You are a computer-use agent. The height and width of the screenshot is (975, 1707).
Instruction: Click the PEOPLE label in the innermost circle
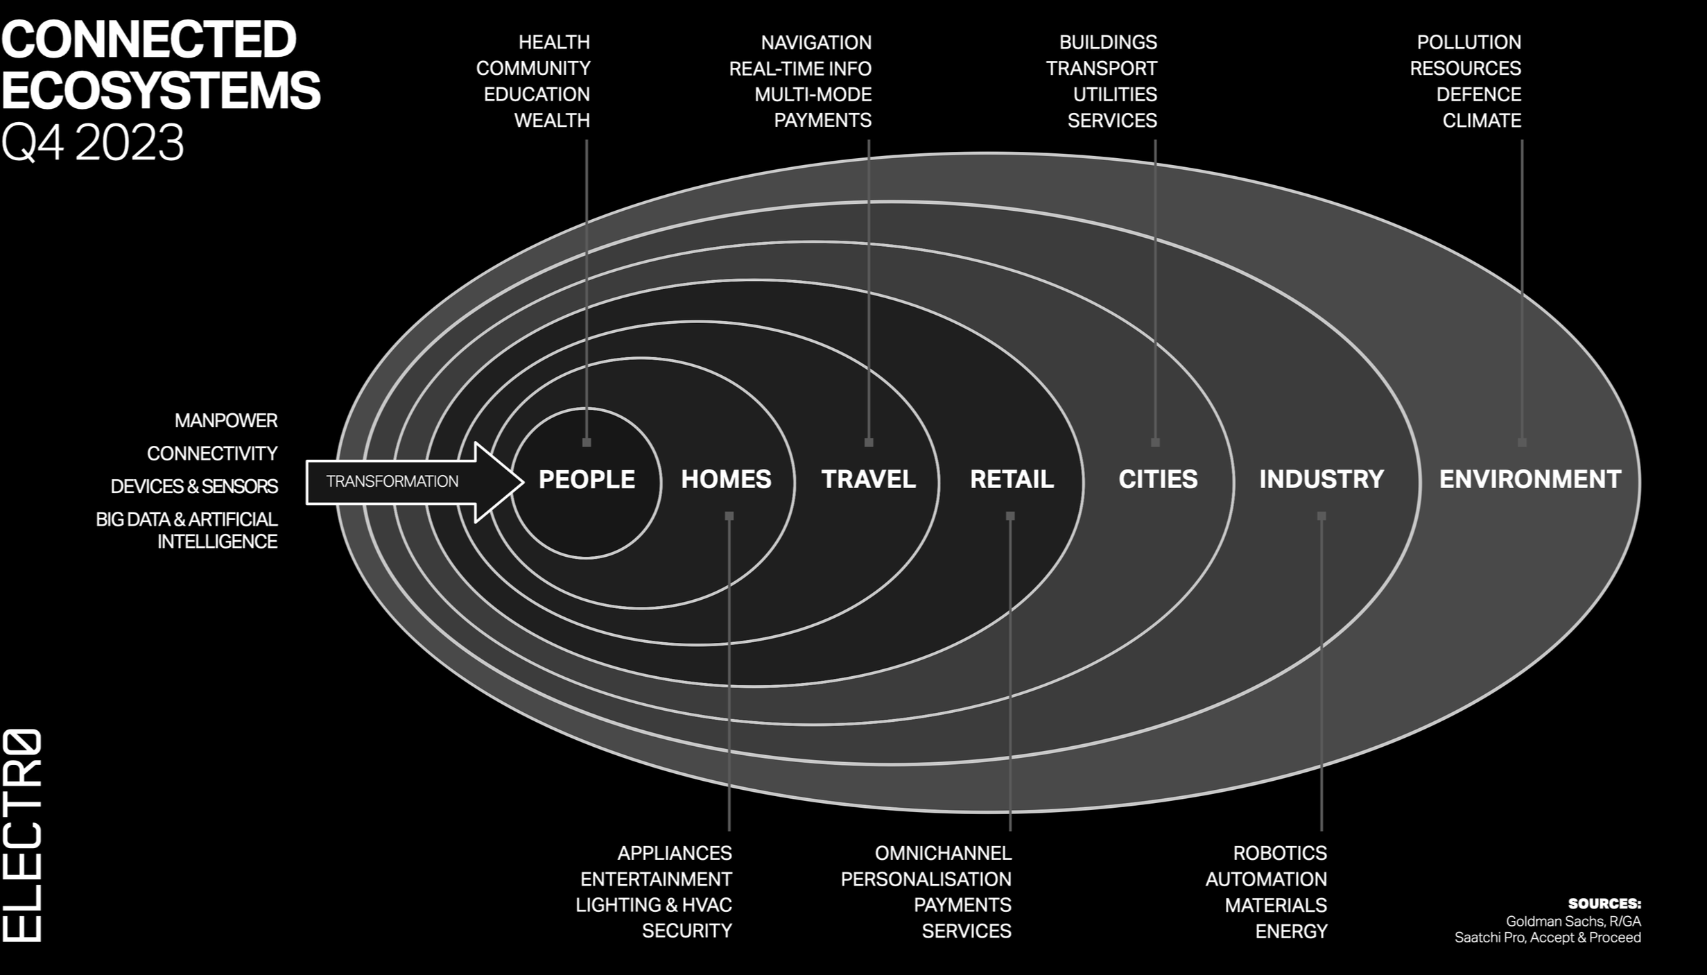(x=587, y=479)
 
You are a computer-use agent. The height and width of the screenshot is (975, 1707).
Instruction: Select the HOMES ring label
(x=726, y=479)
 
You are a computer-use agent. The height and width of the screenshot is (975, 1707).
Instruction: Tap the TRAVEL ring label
(x=868, y=479)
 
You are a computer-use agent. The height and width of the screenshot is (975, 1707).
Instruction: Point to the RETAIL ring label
(x=1012, y=479)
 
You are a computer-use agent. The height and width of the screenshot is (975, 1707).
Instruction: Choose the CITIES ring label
(x=1158, y=479)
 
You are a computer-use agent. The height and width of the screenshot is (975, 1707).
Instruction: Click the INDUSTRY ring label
(x=1322, y=479)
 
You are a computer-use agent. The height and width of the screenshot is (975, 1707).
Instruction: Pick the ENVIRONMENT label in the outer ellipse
(x=1530, y=479)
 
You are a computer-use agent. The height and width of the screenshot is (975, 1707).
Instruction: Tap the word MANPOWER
(x=226, y=420)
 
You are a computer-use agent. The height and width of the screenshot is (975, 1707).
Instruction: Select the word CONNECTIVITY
(x=212, y=454)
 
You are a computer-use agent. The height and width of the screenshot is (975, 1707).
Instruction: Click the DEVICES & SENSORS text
(x=194, y=486)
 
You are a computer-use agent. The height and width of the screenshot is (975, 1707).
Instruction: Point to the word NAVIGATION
(x=816, y=42)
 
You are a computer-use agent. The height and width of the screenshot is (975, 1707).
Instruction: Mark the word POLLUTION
(x=1468, y=42)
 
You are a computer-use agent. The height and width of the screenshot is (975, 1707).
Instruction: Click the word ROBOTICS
(x=1279, y=852)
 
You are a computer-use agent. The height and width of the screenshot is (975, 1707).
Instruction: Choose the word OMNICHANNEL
(x=943, y=852)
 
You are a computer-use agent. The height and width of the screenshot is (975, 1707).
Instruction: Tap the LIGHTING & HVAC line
(x=653, y=905)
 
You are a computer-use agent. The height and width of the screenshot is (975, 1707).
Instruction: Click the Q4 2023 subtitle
(x=93, y=143)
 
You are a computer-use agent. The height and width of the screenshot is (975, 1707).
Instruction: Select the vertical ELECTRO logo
(x=22, y=835)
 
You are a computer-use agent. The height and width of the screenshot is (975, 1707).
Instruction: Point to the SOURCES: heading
(x=1604, y=904)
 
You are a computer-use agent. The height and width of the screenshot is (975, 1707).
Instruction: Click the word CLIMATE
(x=1482, y=121)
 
